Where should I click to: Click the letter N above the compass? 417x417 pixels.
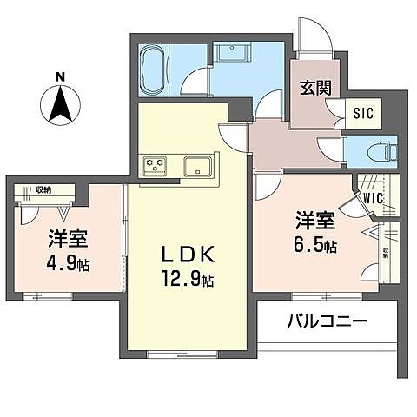click(60, 77)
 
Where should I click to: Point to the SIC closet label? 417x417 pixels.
click(362, 112)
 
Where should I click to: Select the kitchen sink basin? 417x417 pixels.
click(202, 163)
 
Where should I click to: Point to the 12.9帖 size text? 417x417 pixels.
click(189, 280)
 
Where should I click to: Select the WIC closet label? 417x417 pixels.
click(373, 197)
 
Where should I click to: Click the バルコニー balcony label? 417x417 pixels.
click(327, 321)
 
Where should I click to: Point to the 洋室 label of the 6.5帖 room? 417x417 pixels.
click(314, 219)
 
